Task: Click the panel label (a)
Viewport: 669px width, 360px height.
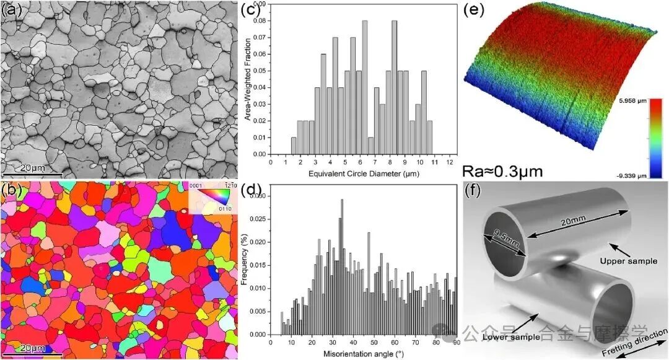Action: tap(13, 9)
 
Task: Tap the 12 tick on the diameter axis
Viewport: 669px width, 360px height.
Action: tap(450, 161)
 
